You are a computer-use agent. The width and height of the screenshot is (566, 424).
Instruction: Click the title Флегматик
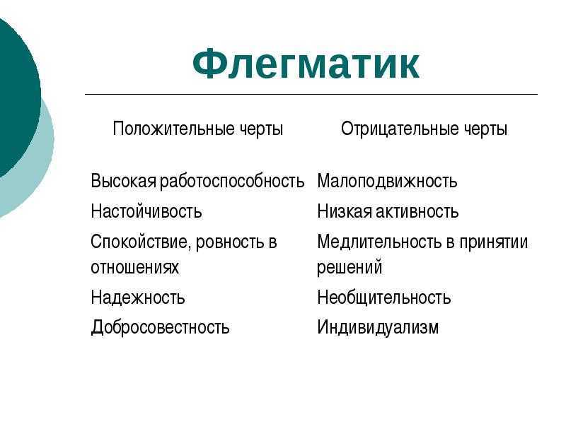[306, 64]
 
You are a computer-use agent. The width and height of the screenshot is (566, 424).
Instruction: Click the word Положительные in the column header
[173, 129]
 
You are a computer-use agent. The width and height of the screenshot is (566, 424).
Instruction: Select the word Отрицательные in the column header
[400, 129]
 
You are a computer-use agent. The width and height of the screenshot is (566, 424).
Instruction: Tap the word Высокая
[123, 181]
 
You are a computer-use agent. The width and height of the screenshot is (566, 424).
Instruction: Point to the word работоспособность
[232, 181]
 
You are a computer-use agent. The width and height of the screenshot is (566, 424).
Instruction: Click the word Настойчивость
[146, 211]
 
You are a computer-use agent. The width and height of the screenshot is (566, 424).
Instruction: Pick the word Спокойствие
[140, 242]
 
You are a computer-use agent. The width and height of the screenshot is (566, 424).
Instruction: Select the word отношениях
[134, 268]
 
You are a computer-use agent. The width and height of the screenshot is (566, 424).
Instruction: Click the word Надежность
[138, 298]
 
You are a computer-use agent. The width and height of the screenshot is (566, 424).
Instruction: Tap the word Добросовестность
[160, 327]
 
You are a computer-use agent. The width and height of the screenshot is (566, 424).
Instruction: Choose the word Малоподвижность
[387, 181]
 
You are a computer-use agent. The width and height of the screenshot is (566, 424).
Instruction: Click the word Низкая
[345, 211]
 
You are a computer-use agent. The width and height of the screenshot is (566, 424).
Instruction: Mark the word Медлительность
[379, 242]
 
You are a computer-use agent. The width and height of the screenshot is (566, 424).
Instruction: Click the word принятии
[493, 242]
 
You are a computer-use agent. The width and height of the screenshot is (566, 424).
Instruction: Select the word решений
[350, 268]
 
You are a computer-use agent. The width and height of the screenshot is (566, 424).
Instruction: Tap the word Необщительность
[384, 298]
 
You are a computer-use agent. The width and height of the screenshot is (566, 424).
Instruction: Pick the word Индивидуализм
[378, 327]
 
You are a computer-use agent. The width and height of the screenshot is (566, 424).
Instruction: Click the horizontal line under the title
[311, 95]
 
